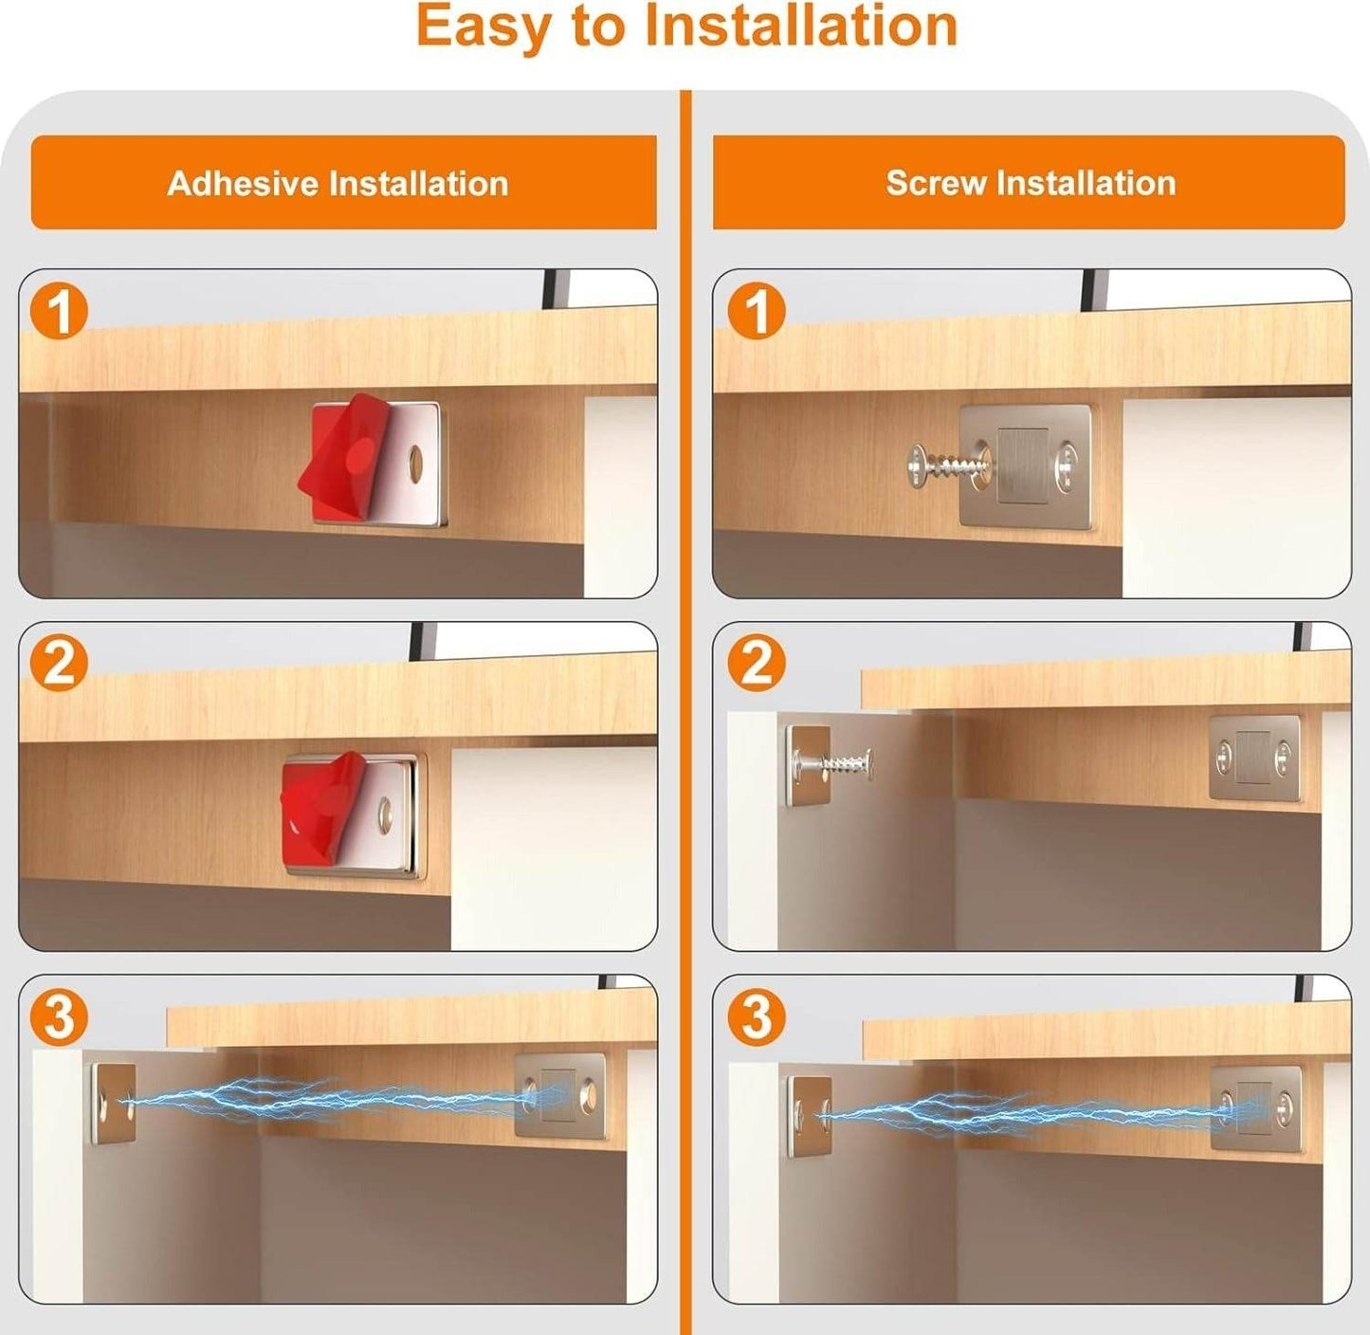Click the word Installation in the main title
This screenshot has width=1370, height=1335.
coord(801,26)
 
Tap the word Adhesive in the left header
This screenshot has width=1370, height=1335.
coord(242,183)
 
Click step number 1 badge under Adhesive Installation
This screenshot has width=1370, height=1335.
coord(59,311)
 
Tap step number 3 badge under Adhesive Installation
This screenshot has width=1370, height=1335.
coord(59,1017)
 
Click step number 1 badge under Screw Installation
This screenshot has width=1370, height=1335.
coord(757,311)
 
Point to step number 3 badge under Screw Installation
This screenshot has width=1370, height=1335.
coord(757,1017)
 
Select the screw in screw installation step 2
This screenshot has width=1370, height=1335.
coord(834,762)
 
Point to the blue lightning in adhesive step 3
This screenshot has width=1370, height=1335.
coord(322,1100)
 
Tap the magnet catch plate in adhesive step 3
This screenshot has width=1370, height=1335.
coord(559,1095)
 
